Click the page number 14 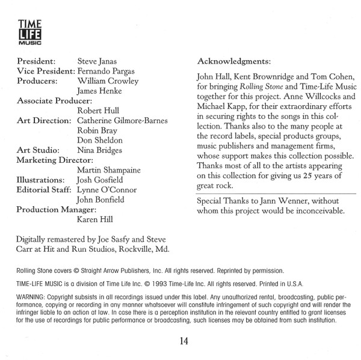(184, 342)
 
